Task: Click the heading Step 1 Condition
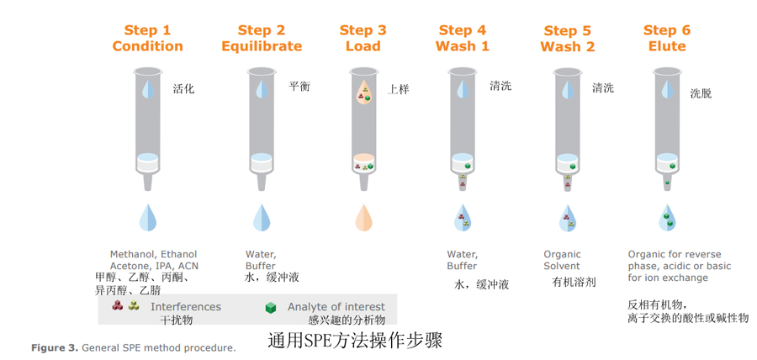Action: coord(148,38)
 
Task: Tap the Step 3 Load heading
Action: coord(363,38)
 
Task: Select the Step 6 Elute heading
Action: coord(667,38)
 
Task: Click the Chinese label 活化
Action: coord(183,89)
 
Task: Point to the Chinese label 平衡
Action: coord(299,87)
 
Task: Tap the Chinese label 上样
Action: coord(399,90)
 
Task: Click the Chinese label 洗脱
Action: coord(701,93)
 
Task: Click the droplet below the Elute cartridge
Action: coord(668,217)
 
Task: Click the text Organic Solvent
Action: coord(563,260)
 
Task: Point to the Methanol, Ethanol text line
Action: coord(154,254)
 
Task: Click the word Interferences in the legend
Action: coord(186,306)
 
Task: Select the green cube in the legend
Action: coord(271,307)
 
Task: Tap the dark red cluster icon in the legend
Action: coord(117,305)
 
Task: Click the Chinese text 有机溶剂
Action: coord(574,283)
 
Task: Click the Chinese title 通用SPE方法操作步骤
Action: coord(355,340)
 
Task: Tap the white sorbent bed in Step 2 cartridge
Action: coord(262,162)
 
